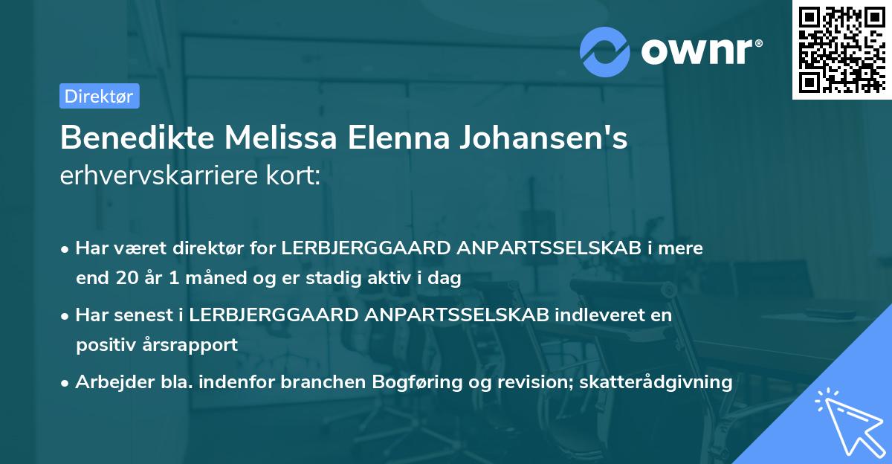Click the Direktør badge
(99, 96)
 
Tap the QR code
(840, 50)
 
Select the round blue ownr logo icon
(606, 51)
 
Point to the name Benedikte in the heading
(139, 139)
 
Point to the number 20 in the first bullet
(125, 279)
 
